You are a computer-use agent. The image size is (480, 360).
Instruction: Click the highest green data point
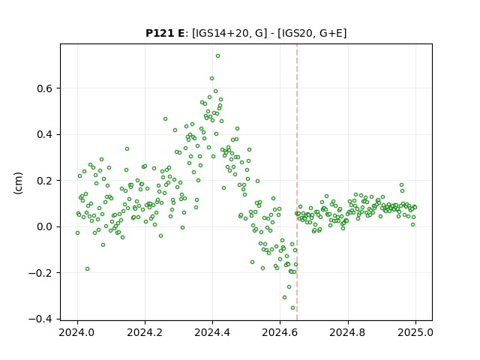tap(217, 56)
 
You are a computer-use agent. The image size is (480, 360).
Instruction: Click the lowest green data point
tap(292, 308)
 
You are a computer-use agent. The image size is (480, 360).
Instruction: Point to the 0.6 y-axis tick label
tap(45, 88)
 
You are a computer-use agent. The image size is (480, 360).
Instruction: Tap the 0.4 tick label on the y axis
tap(45, 135)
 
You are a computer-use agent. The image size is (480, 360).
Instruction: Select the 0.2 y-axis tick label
tap(45, 181)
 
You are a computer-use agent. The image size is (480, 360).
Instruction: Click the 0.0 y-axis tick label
tap(45, 226)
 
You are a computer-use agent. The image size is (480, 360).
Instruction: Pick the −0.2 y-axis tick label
tap(40, 273)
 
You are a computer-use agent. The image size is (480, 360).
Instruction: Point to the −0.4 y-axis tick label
tap(40, 319)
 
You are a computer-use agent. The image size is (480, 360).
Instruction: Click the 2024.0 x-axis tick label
tap(77, 333)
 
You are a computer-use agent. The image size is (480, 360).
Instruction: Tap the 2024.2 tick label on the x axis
tap(145, 333)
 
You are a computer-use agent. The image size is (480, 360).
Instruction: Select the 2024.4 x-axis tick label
tap(212, 333)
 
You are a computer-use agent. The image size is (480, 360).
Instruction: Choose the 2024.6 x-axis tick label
tap(280, 333)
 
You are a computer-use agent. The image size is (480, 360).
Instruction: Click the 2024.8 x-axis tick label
tap(348, 333)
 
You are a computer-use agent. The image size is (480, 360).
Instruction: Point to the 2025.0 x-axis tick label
tap(415, 333)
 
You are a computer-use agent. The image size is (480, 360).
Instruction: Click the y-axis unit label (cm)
tap(18, 183)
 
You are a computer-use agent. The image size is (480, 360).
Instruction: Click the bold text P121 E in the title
tap(165, 33)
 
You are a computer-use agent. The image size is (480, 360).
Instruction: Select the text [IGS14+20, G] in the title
tap(227, 33)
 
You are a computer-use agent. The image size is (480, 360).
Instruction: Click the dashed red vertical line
tap(297, 182)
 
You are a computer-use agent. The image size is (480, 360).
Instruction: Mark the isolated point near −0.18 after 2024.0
tap(87, 269)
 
